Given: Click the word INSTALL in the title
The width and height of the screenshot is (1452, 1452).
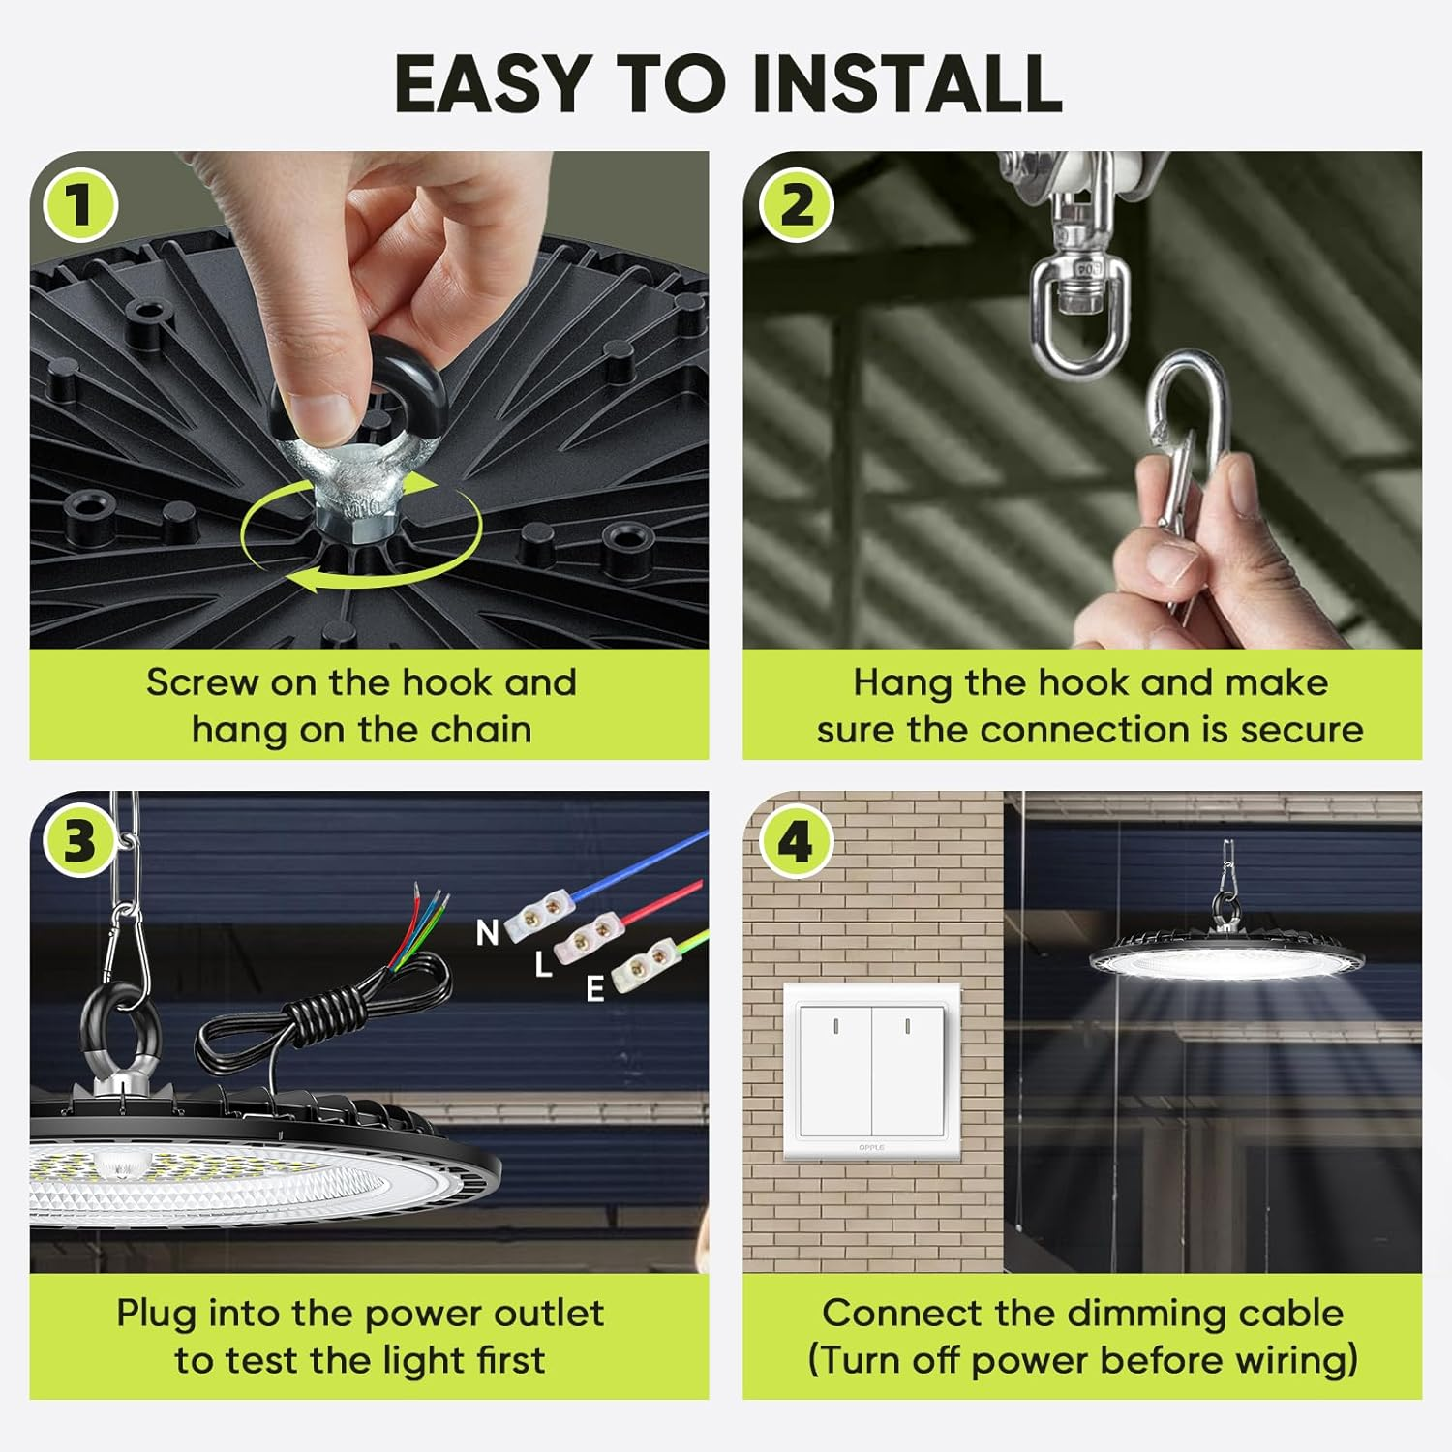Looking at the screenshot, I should tap(906, 83).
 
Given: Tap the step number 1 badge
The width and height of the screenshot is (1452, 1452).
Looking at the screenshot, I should tap(80, 205).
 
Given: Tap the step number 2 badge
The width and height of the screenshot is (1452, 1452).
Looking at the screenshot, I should tap(796, 205).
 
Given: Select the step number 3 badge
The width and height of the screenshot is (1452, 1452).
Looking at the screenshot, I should tap(80, 840).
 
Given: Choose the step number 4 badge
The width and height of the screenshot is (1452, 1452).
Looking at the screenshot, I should tap(796, 840).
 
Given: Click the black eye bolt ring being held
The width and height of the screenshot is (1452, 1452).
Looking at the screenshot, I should tap(357, 387).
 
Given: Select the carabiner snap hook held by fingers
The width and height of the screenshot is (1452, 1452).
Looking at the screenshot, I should tap(1189, 436).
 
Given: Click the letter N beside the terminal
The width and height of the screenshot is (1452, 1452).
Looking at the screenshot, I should tap(488, 933).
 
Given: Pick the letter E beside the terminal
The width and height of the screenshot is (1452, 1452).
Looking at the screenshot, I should tap(595, 988).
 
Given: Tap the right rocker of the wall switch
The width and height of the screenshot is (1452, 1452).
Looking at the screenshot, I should tap(907, 1071).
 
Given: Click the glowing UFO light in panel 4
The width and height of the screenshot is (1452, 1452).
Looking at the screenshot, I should tap(1227, 958).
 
